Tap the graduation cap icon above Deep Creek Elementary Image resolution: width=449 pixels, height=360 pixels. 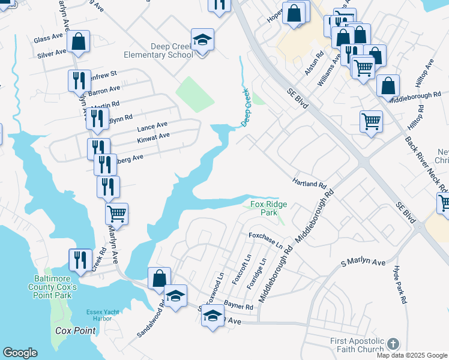coord(203,40)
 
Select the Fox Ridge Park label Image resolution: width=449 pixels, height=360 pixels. coord(268,208)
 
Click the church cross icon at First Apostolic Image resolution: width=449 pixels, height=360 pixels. coord(393,343)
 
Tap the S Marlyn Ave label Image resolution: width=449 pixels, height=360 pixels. coord(363,263)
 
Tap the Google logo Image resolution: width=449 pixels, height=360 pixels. coord(20,353)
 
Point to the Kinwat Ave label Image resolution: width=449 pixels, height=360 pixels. coord(153,136)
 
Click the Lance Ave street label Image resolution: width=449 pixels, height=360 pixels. coord(152,126)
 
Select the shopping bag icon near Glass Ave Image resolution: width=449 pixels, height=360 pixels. coord(79,41)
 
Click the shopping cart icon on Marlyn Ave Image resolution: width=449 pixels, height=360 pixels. coord(116,213)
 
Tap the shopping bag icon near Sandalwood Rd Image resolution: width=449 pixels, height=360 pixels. coord(159,278)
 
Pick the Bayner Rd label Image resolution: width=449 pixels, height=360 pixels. coord(238,305)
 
